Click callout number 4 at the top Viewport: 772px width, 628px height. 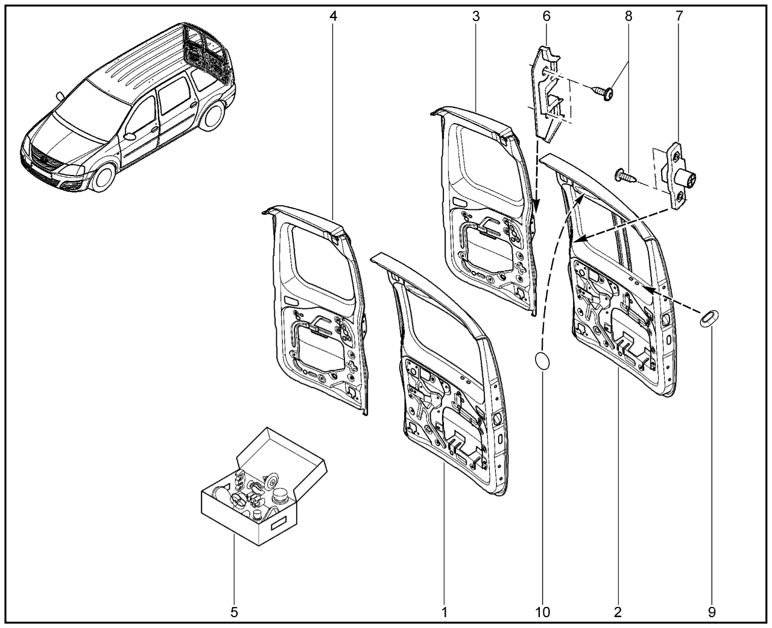point(334,16)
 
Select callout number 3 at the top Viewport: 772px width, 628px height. point(476,16)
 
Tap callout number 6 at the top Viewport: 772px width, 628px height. point(546,16)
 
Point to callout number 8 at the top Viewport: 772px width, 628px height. point(628,16)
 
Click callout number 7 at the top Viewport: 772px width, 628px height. point(679,16)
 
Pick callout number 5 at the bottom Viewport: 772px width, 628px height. point(234,612)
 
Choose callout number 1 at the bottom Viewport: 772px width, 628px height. point(444,612)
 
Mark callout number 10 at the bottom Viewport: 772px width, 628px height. point(543,612)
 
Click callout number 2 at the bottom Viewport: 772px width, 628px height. point(618,612)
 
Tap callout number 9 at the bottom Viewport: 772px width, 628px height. point(712,612)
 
